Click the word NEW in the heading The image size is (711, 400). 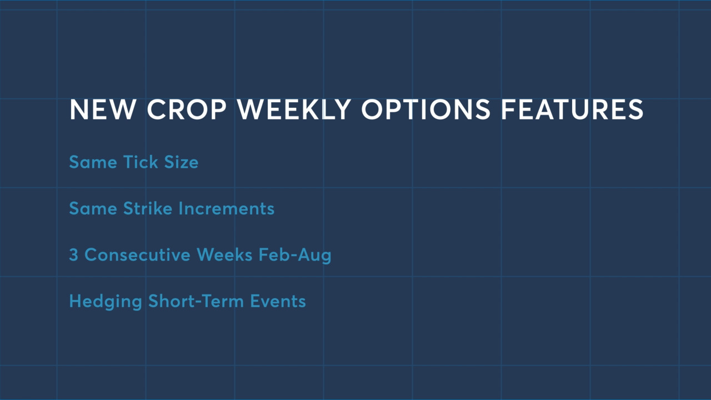point(103,109)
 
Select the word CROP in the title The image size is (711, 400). point(187,109)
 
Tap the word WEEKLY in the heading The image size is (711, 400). point(294,109)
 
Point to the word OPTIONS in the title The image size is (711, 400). point(426,109)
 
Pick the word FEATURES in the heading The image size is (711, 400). point(572,109)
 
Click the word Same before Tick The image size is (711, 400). point(93,162)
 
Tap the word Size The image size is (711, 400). point(181,162)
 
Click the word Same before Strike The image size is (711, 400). point(93,208)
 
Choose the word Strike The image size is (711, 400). point(148,208)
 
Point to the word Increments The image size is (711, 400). point(226,208)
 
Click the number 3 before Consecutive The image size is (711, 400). point(74,255)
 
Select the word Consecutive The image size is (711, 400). point(137,255)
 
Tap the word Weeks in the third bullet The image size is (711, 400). point(224,254)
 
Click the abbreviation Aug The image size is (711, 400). point(314,256)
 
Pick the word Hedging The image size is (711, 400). point(106,302)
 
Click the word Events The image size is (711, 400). point(278,301)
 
